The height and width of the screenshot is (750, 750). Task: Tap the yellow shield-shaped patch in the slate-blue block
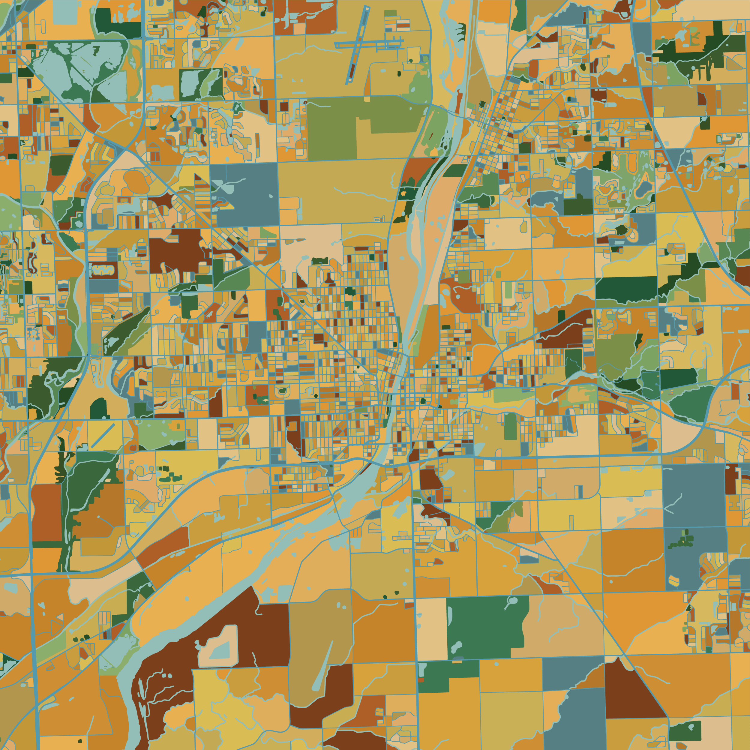[675, 581]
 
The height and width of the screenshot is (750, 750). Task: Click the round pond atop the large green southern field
[513, 601]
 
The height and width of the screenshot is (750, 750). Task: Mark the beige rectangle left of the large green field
[431, 629]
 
